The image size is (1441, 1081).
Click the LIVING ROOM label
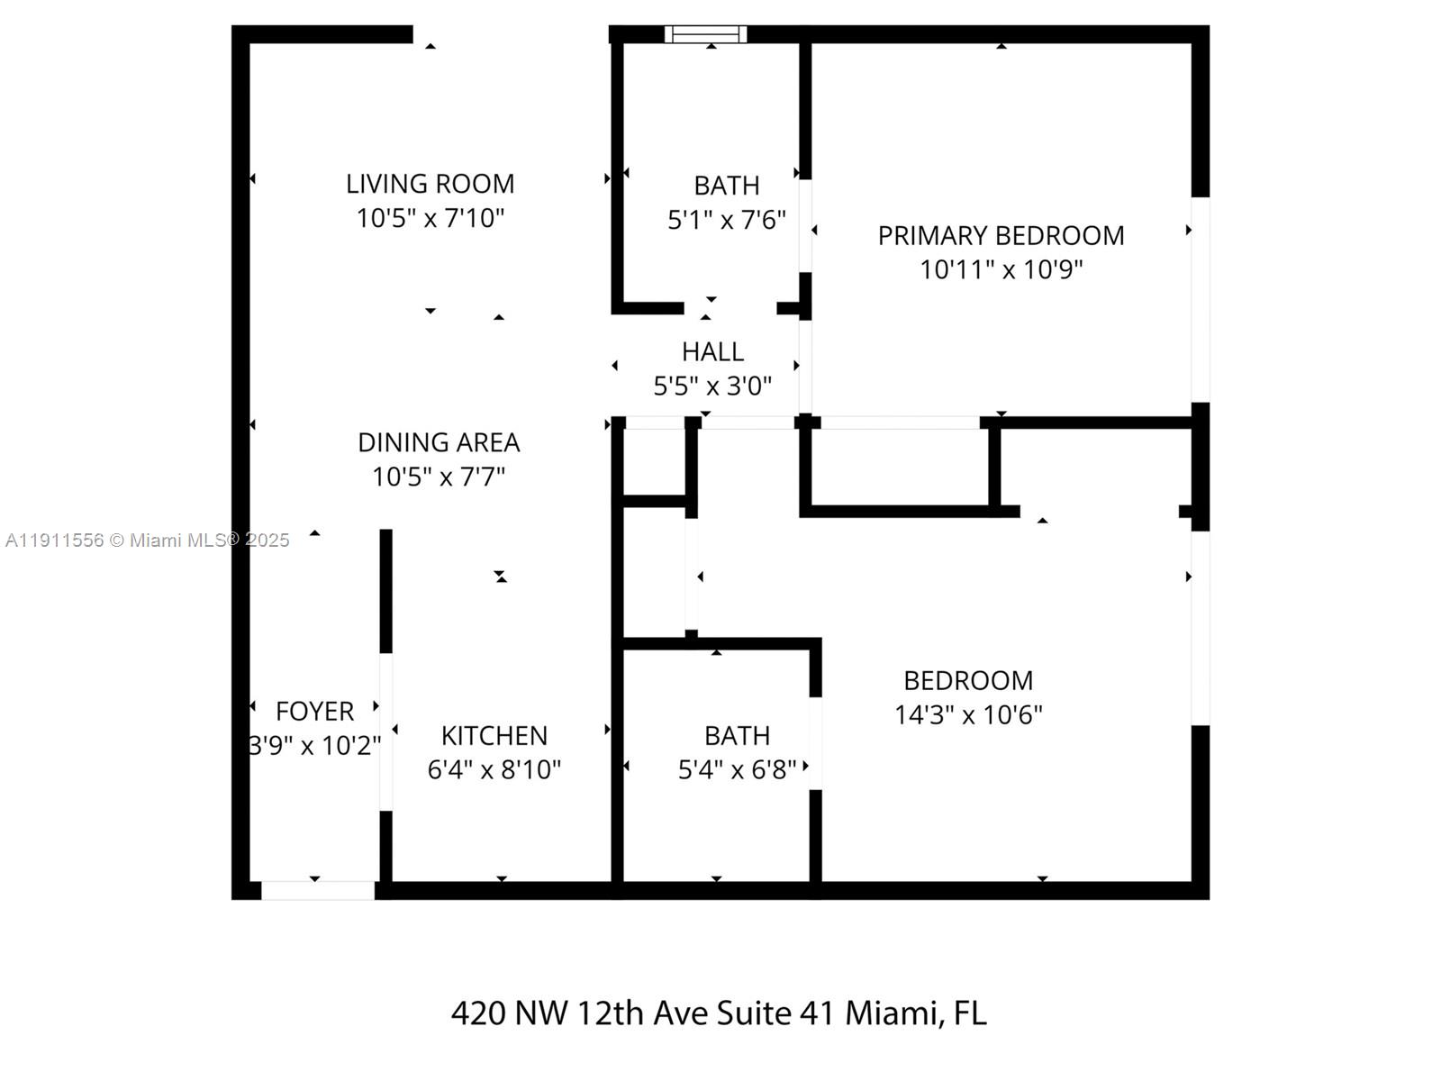point(430,184)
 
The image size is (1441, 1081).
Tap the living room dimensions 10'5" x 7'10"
point(430,218)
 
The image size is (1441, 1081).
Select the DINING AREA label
point(439,442)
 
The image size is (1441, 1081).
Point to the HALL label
point(712,351)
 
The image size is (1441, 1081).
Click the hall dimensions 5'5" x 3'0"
point(712,386)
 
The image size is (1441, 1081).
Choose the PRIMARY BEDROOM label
point(1001,235)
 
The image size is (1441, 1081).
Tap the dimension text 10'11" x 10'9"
point(1001,269)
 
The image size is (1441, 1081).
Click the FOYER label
point(314,711)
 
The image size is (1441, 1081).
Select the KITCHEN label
point(494,735)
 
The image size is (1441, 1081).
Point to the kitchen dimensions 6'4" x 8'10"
point(494,769)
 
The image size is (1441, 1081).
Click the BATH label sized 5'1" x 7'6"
point(726,186)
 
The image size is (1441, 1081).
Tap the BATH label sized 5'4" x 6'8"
point(737,735)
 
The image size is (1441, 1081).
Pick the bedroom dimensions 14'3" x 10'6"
point(968,714)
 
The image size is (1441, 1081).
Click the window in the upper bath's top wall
point(705,34)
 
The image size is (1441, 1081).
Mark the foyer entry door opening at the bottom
point(317,890)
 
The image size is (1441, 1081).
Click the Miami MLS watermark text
point(147,540)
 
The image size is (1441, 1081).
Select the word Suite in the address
point(755,1013)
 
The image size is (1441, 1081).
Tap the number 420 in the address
point(477,1013)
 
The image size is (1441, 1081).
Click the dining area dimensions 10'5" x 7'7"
point(439,477)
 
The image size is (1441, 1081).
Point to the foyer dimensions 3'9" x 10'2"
point(314,746)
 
